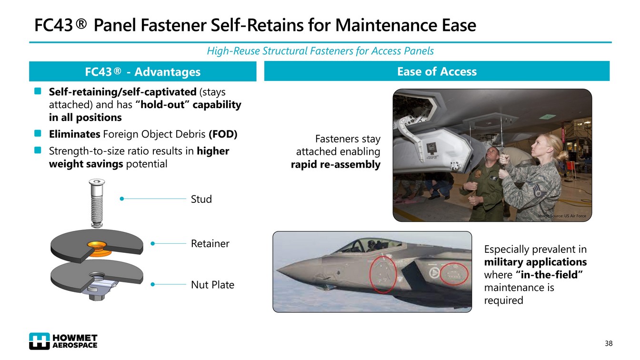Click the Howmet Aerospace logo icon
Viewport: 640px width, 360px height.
40,341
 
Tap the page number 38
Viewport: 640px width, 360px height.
609,343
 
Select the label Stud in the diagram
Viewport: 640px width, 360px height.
201,199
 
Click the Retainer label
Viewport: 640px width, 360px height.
210,243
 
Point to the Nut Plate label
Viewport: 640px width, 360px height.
212,285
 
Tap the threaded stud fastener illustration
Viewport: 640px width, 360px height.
97,203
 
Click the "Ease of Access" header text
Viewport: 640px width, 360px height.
437,71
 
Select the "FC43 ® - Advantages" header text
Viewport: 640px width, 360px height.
142,72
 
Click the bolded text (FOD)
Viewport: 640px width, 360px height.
223,134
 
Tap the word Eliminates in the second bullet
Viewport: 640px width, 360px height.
75,134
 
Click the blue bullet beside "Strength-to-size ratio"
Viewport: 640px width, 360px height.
38,150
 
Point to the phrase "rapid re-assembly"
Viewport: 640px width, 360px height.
335,165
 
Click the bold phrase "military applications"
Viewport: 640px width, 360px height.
535,262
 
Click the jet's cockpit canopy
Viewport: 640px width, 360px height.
369,245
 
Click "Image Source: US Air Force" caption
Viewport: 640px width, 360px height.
562,216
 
